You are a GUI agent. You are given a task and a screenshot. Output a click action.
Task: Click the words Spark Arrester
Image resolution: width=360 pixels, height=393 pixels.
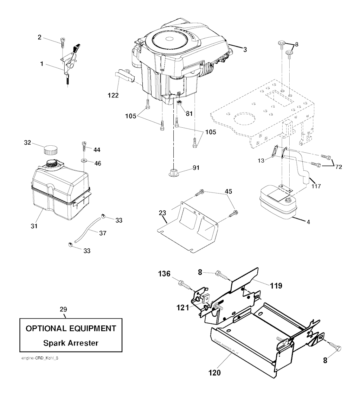pyautogui.click(x=70, y=342)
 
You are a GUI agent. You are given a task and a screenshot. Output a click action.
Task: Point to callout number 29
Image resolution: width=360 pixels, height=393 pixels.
pyautogui.click(x=63, y=309)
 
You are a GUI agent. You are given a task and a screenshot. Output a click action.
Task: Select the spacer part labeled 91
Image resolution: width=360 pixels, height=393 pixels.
pyautogui.click(x=173, y=173)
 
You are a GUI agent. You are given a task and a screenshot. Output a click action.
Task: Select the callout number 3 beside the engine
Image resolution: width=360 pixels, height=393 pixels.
pyautogui.click(x=244, y=50)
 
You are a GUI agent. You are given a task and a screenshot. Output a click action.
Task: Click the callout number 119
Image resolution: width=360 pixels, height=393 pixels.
pyautogui.click(x=276, y=286)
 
